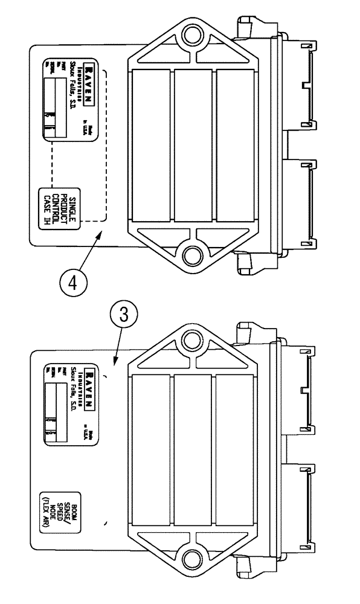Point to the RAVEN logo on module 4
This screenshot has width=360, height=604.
pos(89,80)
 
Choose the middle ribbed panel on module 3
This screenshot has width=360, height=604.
pos(193,447)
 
